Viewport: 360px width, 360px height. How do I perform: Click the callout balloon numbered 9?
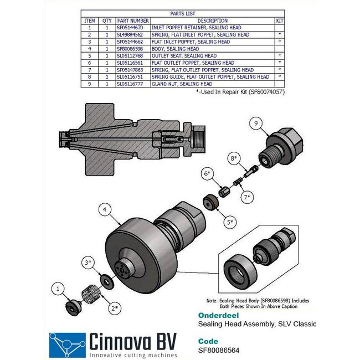[x=256, y=125]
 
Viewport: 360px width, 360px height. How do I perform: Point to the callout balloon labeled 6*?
[x=207, y=174]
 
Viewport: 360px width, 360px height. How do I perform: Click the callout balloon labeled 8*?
[x=233, y=158]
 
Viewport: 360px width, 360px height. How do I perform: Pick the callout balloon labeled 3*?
[x=88, y=261]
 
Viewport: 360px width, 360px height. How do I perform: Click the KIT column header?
[x=280, y=20]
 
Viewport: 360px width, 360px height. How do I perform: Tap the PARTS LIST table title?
[x=183, y=14]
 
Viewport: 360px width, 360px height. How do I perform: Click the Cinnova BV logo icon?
[x=66, y=344]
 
